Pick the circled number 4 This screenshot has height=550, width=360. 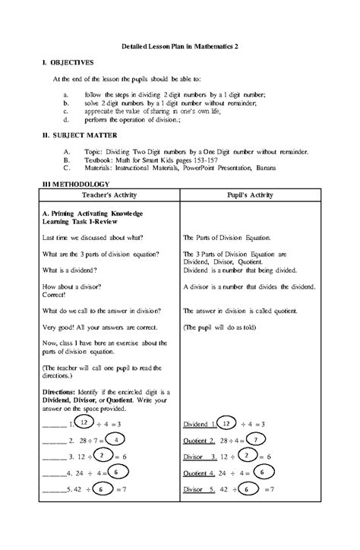115,439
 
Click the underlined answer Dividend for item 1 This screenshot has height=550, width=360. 198,423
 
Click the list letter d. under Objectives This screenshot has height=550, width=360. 67,120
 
